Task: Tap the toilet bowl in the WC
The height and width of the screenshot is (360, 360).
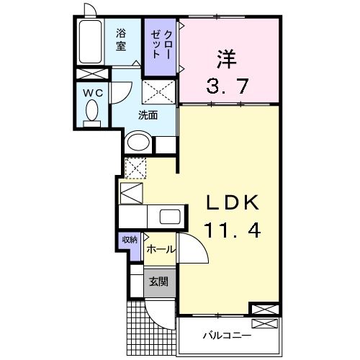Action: [91, 112]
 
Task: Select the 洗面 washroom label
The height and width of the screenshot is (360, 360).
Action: [148, 114]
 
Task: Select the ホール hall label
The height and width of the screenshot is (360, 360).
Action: [159, 249]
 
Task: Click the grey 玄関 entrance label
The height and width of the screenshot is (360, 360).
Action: [158, 282]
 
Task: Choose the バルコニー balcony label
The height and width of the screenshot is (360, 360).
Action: [226, 336]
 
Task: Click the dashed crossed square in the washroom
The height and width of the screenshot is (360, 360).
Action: [159, 93]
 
